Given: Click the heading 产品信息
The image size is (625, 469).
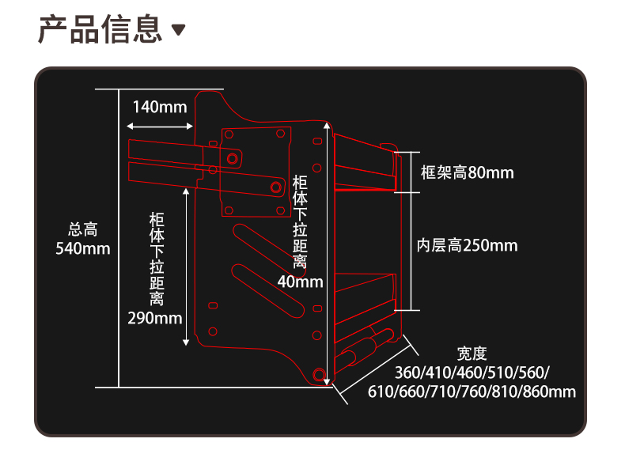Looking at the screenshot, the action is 100,29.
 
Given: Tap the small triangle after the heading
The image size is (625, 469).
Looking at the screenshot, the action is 179,30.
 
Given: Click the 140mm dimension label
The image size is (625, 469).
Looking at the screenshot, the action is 159,107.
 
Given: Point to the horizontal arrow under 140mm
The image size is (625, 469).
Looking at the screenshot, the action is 159,126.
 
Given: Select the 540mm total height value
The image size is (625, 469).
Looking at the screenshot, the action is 82,248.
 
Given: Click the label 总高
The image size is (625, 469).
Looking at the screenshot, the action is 82,230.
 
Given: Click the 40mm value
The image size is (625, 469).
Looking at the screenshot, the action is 300,282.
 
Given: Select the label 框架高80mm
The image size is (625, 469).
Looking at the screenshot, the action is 467,172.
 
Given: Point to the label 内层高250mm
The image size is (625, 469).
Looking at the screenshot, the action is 467,245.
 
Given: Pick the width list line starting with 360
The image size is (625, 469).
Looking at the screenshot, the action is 472,373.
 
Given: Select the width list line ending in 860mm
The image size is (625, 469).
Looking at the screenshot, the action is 472,391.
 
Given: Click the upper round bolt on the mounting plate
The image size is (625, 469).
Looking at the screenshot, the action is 233,159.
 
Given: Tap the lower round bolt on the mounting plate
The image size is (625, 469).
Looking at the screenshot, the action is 276,187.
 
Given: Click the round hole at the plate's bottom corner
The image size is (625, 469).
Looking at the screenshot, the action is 319,374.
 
